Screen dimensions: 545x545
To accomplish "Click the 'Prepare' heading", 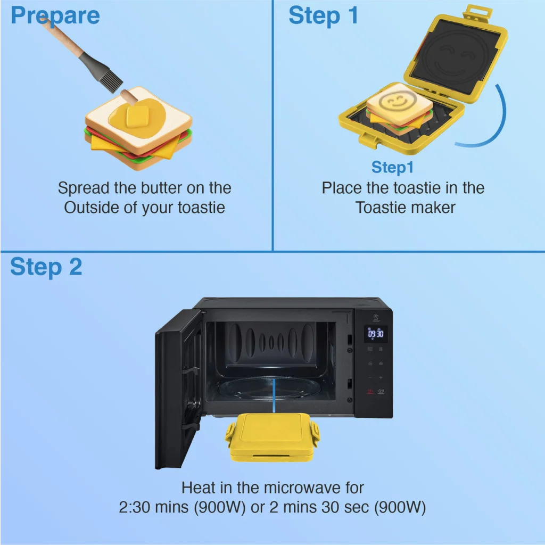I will coord(55,15).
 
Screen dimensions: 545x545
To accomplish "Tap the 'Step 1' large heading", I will coord(324,15).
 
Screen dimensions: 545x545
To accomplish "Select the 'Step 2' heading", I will coord(46,267).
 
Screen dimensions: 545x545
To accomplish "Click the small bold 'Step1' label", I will coord(392,167).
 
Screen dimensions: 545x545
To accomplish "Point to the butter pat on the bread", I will coord(137,116).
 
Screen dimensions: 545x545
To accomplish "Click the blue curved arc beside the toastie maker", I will coord(488,122).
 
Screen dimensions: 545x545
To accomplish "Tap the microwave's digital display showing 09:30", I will coord(376,334).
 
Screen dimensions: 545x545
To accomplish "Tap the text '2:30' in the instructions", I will coord(135,508).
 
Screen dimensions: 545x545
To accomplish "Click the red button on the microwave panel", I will coord(370,391).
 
